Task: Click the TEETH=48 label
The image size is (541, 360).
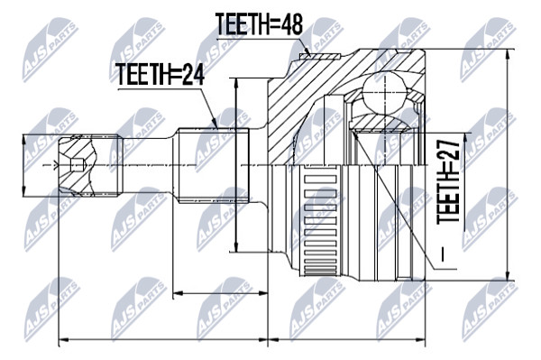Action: click(x=259, y=24)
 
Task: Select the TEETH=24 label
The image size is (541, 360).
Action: click(x=160, y=74)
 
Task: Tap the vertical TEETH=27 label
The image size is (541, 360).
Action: click(x=448, y=182)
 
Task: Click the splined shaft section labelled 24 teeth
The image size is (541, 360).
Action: click(x=214, y=164)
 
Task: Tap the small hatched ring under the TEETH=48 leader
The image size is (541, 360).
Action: click(x=319, y=56)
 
